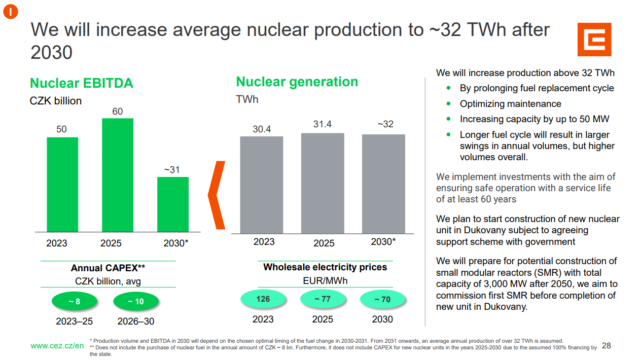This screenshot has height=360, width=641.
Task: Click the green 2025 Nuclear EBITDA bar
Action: click(118, 175)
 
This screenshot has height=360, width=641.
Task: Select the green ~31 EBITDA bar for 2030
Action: click(173, 204)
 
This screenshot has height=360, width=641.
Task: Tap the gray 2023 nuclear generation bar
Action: click(262, 185)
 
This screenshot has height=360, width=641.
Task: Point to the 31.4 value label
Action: click(322, 124)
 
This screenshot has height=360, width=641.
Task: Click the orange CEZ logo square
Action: click(594, 40)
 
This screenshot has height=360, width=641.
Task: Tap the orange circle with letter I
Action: click(11, 12)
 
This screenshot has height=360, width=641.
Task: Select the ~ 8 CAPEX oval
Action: click(75, 301)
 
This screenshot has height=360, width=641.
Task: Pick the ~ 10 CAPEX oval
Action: click(136, 301)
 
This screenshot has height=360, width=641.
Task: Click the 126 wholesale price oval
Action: click(263, 299)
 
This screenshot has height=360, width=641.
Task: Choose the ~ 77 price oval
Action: click(323, 299)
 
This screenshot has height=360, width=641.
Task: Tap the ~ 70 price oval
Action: click(382, 299)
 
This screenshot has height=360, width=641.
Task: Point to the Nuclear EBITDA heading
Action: click(82, 83)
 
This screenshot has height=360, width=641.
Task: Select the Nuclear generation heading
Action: click(297, 82)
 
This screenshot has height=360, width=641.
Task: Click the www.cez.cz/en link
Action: click(57, 346)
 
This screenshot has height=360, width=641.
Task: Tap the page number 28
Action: click(607, 346)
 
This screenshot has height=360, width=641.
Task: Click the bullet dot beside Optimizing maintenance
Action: click(448, 103)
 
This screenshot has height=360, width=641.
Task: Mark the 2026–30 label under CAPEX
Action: click(135, 321)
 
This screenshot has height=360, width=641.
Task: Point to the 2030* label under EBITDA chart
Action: click(175, 243)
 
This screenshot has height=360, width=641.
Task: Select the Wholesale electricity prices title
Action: click(325, 267)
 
